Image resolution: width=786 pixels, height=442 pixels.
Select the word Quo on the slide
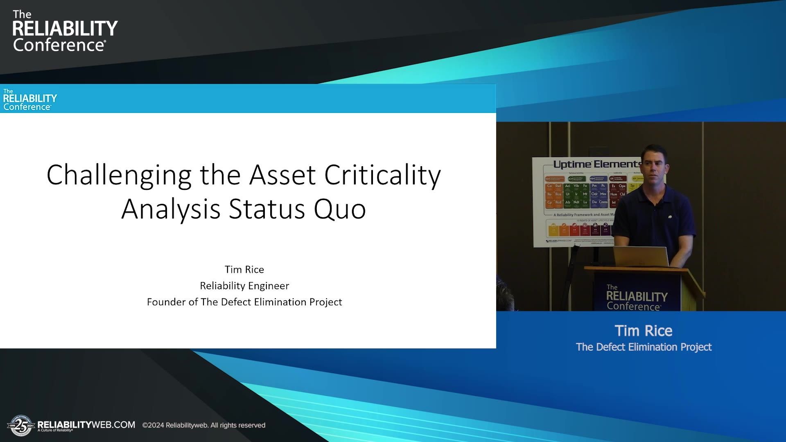coord(339,209)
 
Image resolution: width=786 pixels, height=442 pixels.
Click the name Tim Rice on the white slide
coord(244,269)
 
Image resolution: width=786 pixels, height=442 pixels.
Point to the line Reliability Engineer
coord(244,286)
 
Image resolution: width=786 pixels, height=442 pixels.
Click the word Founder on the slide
coord(166,302)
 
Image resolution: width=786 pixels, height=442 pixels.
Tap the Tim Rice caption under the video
coord(643,331)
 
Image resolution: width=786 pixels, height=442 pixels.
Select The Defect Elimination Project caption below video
coord(643,347)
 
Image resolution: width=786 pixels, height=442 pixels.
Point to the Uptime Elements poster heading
coord(596,164)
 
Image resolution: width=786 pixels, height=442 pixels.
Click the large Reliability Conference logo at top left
coord(64,32)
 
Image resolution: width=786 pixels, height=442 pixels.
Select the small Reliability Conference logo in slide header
coord(29,99)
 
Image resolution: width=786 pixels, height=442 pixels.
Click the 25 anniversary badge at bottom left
coord(20,426)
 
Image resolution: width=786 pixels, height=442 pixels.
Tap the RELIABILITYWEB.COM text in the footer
coord(86,424)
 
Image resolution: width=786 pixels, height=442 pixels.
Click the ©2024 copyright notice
coord(203,425)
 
